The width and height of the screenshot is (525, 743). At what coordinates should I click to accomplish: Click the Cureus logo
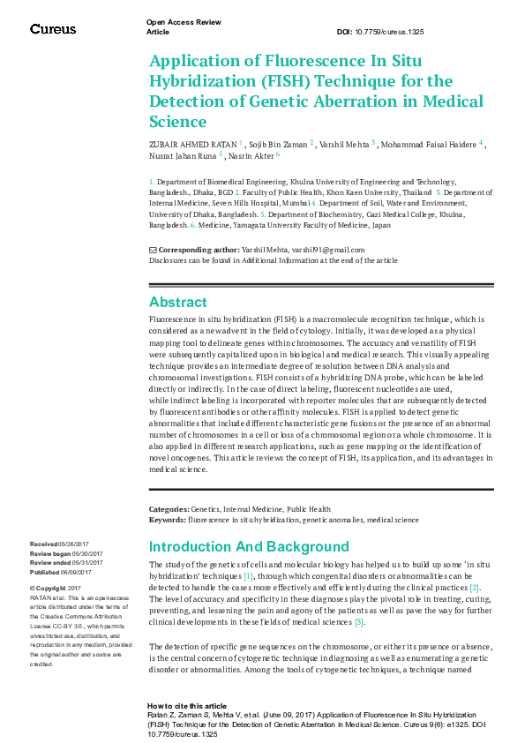pos(53,28)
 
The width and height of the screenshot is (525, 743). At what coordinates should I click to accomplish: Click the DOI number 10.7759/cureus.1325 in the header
pos(392,31)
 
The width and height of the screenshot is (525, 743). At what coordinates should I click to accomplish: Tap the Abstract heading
pos(178,303)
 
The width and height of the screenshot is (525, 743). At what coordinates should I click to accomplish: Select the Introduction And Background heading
pos(249,547)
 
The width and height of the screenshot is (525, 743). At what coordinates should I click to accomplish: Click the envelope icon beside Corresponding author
pos(153,251)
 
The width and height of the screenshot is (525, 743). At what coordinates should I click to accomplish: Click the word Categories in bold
pos(168,509)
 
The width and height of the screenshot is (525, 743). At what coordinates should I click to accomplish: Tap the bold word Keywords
pos(167,521)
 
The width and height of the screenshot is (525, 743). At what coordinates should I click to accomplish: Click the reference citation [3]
pos(359,623)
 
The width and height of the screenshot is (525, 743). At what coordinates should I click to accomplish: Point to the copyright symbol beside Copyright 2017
pos(33,588)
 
